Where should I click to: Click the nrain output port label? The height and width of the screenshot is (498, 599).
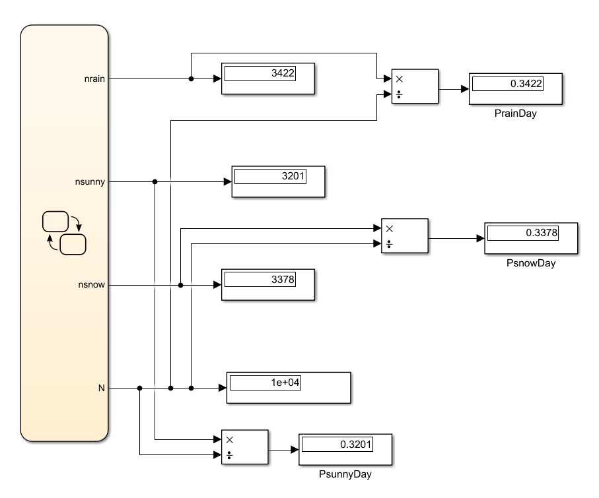tap(94, 78)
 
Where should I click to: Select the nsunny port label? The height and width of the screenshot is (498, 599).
tap(90, 181)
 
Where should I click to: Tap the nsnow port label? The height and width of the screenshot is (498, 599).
tap(91, 285)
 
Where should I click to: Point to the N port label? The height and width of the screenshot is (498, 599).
tap(101, 388)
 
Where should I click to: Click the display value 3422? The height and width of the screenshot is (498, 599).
tap(283, 73)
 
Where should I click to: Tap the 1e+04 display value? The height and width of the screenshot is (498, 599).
tap(285, 383)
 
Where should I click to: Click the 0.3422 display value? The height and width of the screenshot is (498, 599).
tap(526, 84)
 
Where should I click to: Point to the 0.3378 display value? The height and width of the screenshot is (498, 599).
tap(542, 233)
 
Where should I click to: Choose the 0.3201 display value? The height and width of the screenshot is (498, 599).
tap(356, 444)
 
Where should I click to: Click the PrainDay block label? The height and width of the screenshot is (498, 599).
tap(515, 113)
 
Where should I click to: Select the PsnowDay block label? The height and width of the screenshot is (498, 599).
tap(531, 263)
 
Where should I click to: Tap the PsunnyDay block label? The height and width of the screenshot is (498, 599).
tap(345, 474)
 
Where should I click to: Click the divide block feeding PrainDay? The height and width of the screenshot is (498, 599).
tap(415, 86)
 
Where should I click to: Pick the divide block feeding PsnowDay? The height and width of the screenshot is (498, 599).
tap(405, 236)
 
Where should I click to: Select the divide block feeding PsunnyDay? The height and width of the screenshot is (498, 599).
tap(245, 447)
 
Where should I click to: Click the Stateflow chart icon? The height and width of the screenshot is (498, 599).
tap(64, 233)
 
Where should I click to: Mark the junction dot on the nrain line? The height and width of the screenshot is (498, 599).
tap(191, 78)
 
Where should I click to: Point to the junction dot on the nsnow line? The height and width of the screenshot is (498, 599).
tap(181, 285)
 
